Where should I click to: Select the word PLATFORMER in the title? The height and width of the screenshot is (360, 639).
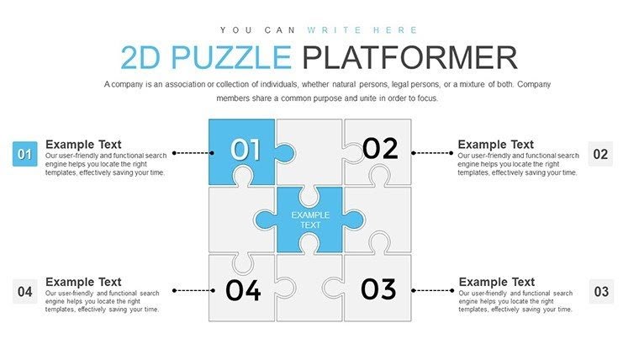[x=409, y=57]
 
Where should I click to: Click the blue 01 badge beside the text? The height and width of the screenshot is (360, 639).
[x=24, y=154]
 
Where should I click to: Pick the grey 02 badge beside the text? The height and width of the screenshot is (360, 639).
[x=600, y=154]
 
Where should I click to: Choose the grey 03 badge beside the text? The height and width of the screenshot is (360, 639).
[x=600, y=292]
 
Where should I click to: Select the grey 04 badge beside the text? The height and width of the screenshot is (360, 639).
[x=24, y=292]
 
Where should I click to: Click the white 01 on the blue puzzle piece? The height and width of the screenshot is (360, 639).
[x=246, y=150]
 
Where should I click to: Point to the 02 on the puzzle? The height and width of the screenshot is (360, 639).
[x=380, y=149]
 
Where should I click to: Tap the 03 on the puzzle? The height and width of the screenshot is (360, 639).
[x=378, y=289]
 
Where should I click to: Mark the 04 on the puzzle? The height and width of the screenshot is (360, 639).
[x=244, y=290]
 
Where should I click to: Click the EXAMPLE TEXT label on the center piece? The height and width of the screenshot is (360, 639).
[x=310, y=220]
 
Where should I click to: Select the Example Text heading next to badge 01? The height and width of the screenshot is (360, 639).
[x=83, y=144]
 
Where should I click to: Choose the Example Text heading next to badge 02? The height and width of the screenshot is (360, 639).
[x=495, y=145]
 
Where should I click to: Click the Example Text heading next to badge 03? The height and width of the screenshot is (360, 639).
[x=496, y=282]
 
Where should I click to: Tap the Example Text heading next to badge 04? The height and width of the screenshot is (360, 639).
[x=83, y=282]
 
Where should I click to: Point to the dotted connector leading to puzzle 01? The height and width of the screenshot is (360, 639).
[x=191, y=153]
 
